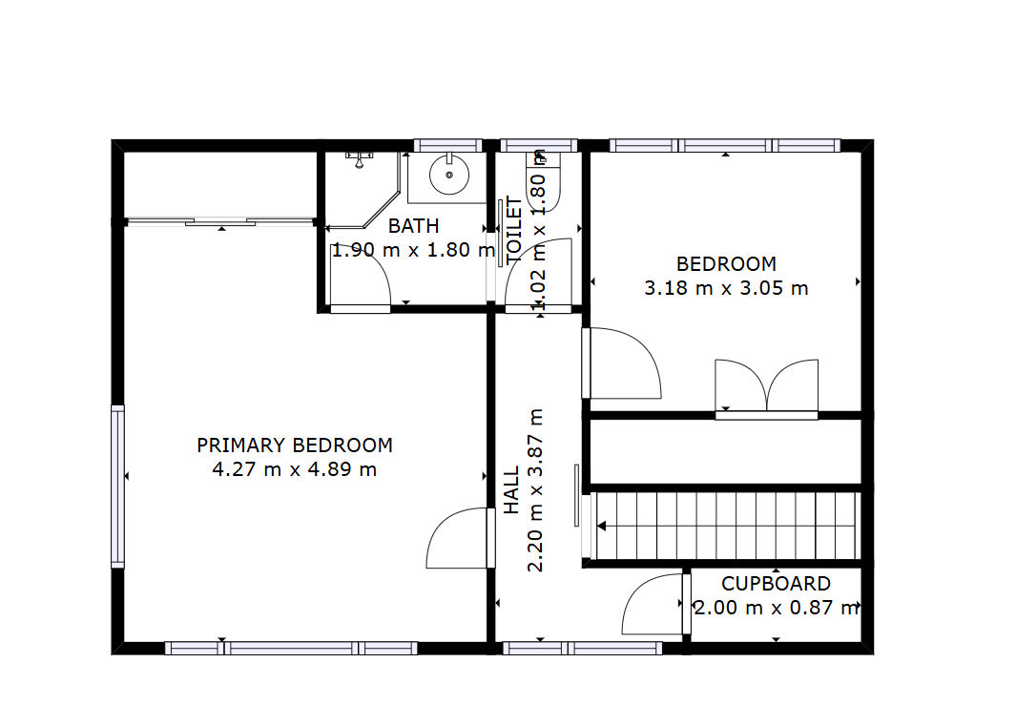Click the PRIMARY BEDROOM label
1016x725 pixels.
(x=295, y=445)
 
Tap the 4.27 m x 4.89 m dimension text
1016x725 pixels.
(x=295, y=469)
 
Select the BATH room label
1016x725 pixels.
(x=413, y=226)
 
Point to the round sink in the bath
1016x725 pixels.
(x=449, y=175)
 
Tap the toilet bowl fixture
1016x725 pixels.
(x=543, y=184)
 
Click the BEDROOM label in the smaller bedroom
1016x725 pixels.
(x=726, y=264)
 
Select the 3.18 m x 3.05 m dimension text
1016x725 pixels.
(x=726, y=288)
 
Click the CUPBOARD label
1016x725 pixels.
(x=777, y=584)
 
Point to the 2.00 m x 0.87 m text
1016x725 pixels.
(x=777, y=608)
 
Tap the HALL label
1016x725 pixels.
(x=512, y=490)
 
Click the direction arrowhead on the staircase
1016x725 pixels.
(x=601, y=526)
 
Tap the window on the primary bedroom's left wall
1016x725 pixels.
(x=117, y=487)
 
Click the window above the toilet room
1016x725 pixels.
(x=538, y=145)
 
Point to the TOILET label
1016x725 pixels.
(x=513, y=229)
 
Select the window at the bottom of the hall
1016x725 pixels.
(x=583, y=648)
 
